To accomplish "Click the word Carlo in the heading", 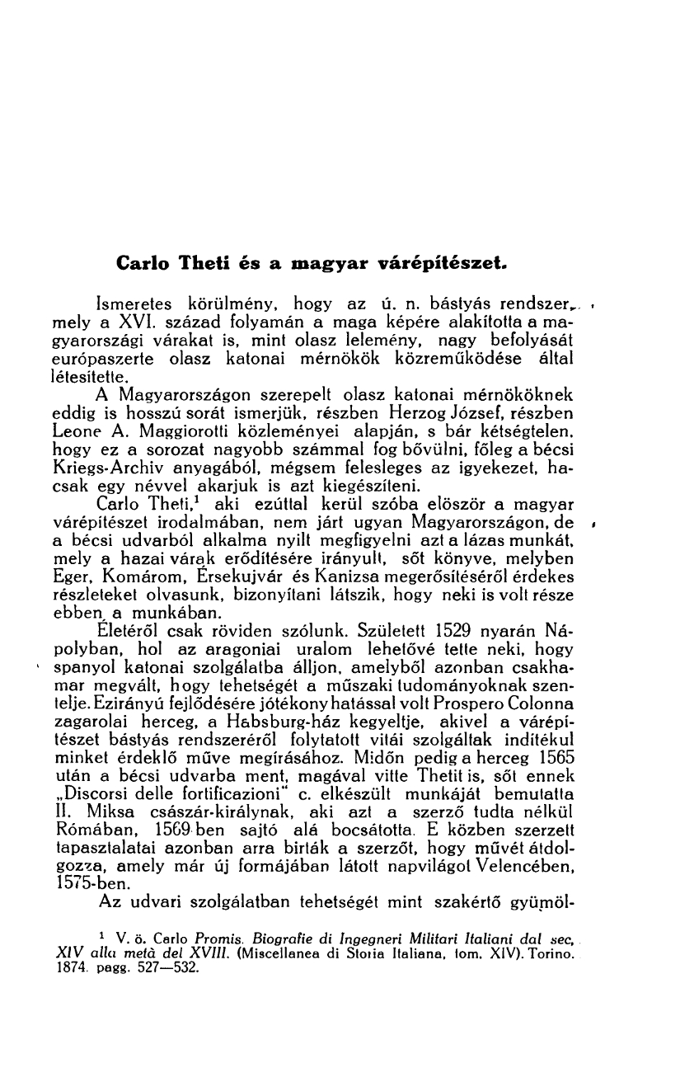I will point(140,266).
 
